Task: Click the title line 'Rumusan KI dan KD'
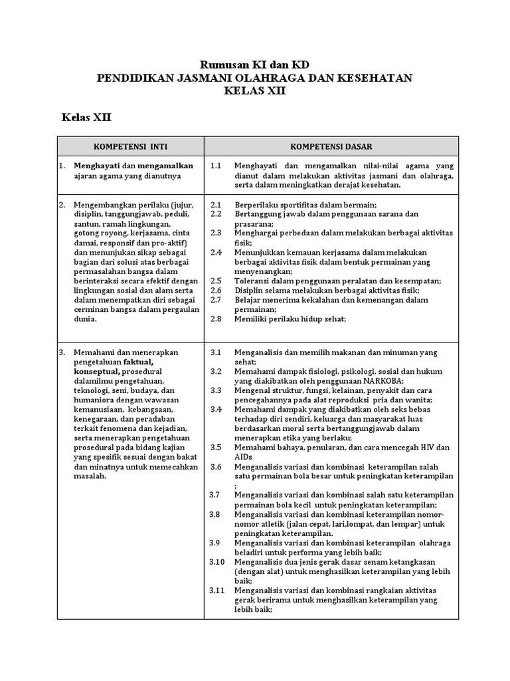click(255, 65)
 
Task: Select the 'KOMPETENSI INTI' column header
click(130, 146)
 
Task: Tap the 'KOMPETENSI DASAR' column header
click(331, 146)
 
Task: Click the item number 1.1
click(215, 166)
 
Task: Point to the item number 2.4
click(215, 253)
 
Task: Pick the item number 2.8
click(215, 319)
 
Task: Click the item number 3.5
click(215, 447)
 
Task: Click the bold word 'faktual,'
click(143, 362)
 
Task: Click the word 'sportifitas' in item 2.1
click(303, 205)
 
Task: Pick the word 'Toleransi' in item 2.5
click(252, 281)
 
